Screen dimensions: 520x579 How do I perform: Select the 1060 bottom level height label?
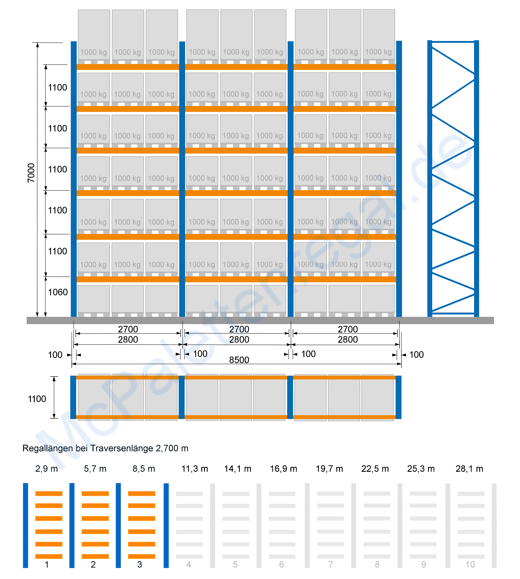58,292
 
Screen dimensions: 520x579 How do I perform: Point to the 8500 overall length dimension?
239,360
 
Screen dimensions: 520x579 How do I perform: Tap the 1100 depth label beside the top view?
37,399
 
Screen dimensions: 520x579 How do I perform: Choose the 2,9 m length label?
46,469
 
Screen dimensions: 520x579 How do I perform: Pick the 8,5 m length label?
144,469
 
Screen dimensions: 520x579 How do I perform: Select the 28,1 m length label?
470,469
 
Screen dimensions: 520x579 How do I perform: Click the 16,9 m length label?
284,469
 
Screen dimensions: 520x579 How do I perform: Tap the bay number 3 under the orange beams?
140,564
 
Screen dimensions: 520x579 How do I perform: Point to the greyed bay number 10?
470,564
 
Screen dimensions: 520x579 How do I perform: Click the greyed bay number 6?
281,564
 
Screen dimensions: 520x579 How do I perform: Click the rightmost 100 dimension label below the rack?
417,355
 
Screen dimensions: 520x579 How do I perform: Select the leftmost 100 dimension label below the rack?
55,355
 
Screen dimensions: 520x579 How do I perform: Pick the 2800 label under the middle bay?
239,340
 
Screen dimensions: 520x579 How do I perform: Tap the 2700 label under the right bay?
348,329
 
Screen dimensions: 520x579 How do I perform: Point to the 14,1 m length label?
238,469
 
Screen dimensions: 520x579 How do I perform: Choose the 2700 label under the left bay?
128,329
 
